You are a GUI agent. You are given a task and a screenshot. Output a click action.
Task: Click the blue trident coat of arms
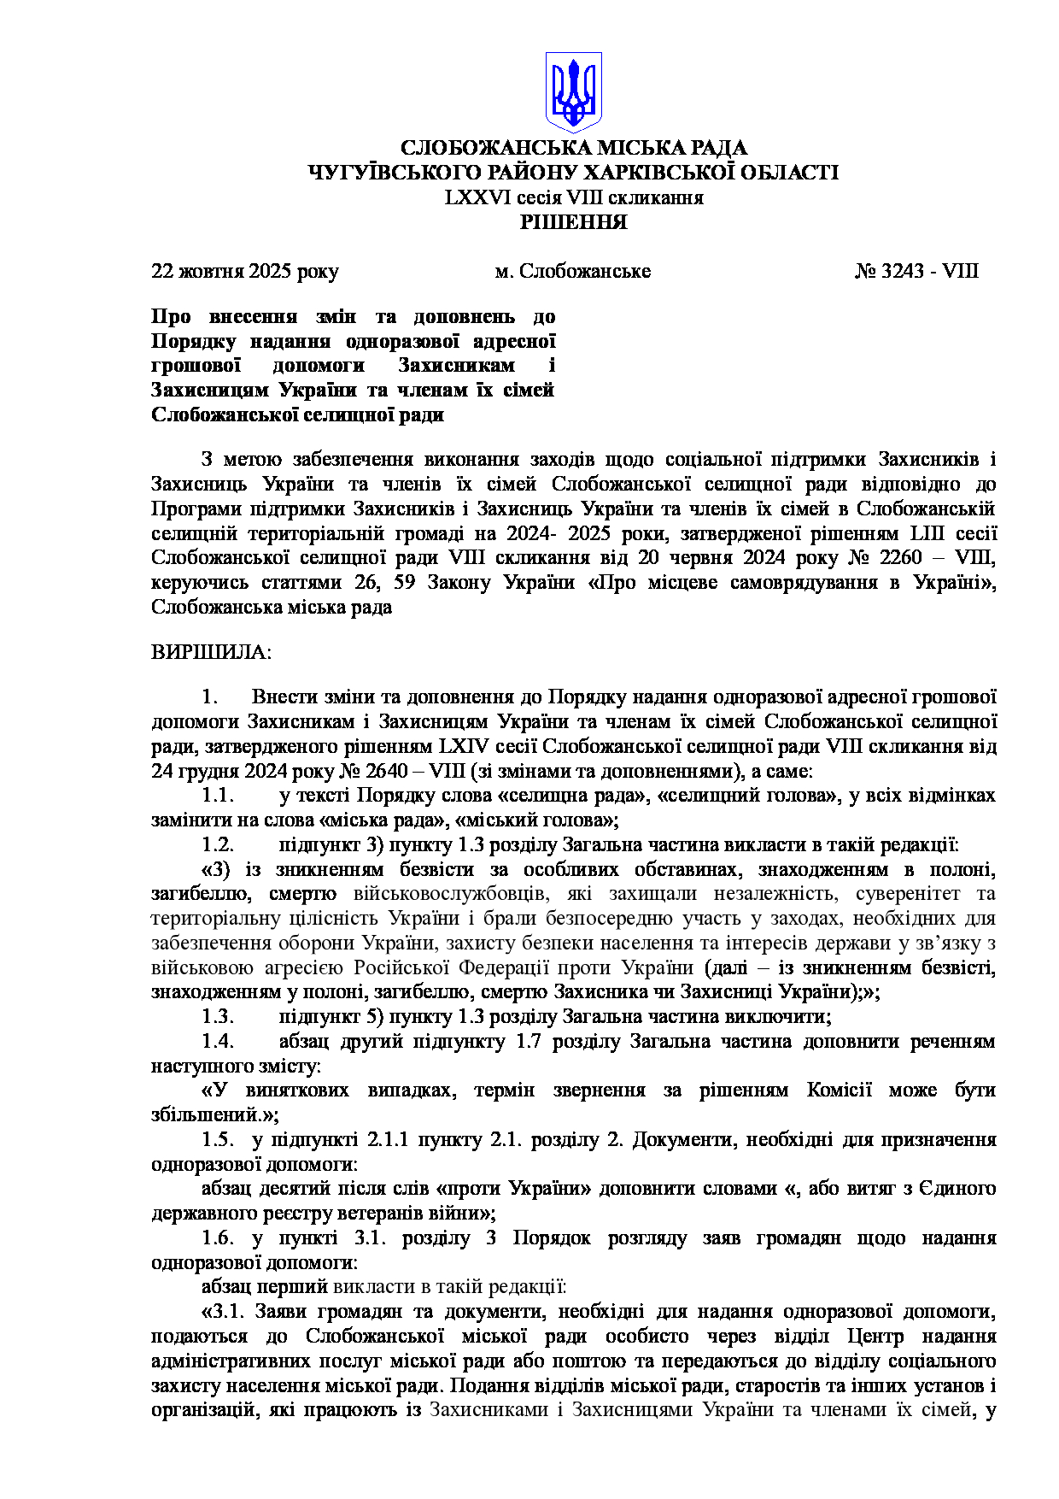(x=574, y=90)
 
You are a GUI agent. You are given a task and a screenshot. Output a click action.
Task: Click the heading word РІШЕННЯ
(x=574, y=223)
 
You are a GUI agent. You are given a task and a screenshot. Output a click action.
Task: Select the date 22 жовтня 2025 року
(x=245, y=272)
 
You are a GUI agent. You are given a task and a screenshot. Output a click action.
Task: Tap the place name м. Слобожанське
(x=573, y=272)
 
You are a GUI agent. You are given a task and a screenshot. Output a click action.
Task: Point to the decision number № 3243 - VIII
(x=916, y=272)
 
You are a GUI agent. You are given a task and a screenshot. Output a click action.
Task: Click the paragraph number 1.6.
(x=218, y=1238)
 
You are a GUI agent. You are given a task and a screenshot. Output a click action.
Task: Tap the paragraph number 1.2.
(x=218, y=845)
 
